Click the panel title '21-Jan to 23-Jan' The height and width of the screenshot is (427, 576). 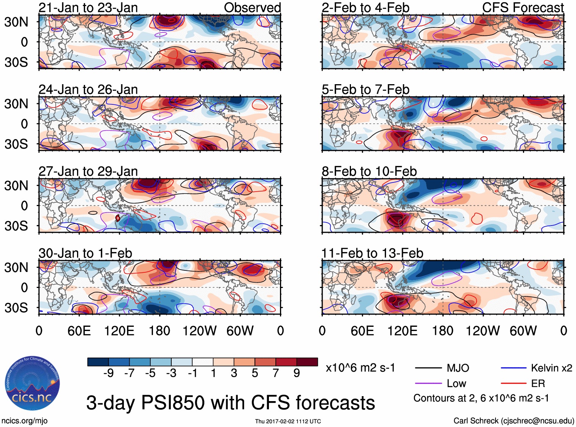pyautogui.click(x=88, y=8)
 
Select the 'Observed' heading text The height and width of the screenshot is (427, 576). pyautogui.click(x=252, y=8)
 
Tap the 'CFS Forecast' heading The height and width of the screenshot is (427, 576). pyautogui.click(x=523, y=8)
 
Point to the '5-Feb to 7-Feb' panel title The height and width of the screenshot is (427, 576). pyautogui.click(x=365, y=90)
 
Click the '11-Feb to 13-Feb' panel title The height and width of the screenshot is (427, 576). pyautogui.click(x=372, y=253)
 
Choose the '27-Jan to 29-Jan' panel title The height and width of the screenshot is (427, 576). pyautogui.click(x=88, y=171)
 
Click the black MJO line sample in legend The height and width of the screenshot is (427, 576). pyautogui.click(x=428, y=368)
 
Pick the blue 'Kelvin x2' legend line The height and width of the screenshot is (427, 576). pyautogui.click(x=513, y=368)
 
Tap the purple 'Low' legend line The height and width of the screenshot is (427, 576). pyautogui.click(x=428, y=384)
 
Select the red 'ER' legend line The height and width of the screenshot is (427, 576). pyautogui.click(x=513, y=384)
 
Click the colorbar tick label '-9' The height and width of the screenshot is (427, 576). pyautogui.click(x=108, y=373)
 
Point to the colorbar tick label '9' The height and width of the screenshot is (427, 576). pyautogui.click(x=296, y=373)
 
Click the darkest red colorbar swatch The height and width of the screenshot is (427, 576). pyautogui.click(x=307, y=362)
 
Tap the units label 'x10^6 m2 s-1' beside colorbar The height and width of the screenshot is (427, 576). pyautogui.click(x=360, y=368)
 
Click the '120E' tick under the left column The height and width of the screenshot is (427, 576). pyautogui.click(x=119, y=331)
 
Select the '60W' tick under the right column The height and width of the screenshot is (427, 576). pyautogui.click(x=523, y=331)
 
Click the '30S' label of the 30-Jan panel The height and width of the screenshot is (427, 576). pyautogui.click(x=16, y=308)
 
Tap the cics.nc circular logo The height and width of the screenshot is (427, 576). pyautogui.click(x=32, y=384)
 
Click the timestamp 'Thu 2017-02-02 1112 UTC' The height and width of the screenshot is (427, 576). pyautogui.click(x=288, y=421)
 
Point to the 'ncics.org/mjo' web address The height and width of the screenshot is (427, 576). pyautogui.click(x=24, y=421)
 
